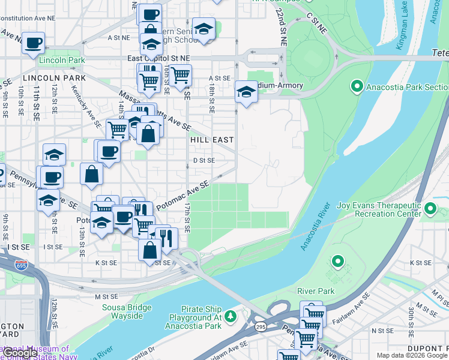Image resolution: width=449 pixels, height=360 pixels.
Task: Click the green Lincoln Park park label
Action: click(x=62, y=61)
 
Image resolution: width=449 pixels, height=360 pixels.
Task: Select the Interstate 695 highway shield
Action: click(x=22, y=265)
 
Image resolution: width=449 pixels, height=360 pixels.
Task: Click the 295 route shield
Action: click(x=260, y=326)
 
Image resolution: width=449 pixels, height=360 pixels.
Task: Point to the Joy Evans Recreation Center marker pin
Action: click(x=430, y=209)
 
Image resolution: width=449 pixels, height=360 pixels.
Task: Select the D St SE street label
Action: click(x=203, y=161)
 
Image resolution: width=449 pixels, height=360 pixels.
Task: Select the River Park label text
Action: click(x=316, y=291)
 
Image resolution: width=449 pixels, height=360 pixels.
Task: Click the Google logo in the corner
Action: click(x=22, y=353)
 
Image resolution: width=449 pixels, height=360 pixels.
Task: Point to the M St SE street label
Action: click(x=107, y=296)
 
